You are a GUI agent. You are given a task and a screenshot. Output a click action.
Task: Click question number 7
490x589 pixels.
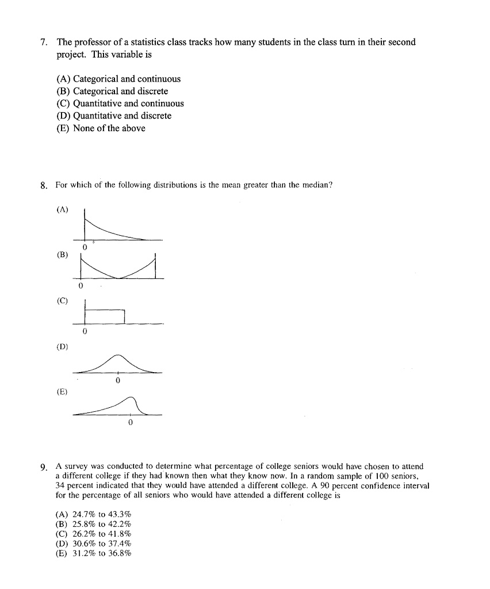(44, 43)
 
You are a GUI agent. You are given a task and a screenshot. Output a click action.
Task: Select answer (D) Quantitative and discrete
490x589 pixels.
(113, 116)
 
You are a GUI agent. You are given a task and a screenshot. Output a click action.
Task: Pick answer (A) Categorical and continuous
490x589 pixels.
(118, 79)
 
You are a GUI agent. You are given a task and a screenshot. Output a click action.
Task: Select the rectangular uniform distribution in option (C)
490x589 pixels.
(105, 316)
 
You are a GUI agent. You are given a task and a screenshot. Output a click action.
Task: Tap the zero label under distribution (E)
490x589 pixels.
(131, 423)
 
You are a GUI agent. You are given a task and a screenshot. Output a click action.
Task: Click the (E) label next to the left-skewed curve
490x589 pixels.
(62, 392)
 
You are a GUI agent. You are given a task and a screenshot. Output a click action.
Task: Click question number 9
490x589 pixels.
(44, 466)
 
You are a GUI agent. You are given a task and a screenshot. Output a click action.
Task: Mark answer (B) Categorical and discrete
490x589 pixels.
(112, 91)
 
